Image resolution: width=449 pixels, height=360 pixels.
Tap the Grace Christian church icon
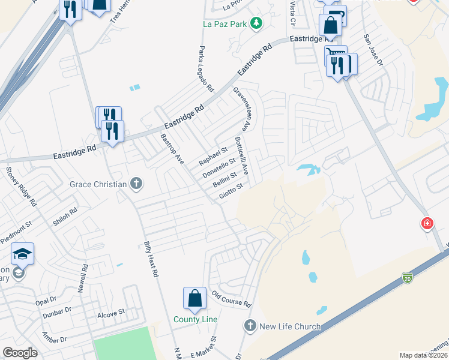(136, 184)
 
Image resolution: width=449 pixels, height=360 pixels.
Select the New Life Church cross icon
(250, 326)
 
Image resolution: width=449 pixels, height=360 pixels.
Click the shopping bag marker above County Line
(195, 298)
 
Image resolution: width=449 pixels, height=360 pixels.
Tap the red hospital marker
(427, 224)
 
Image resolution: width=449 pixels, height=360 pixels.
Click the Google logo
(20, 353)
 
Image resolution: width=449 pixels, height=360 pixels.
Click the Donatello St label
(218, 165)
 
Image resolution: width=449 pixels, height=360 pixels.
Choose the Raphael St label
(214, 154)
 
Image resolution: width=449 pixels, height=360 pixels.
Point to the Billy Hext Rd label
(150, 259)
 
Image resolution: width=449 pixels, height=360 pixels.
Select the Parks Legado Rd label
(206, 68)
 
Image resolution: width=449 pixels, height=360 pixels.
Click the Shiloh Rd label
(65, 215)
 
